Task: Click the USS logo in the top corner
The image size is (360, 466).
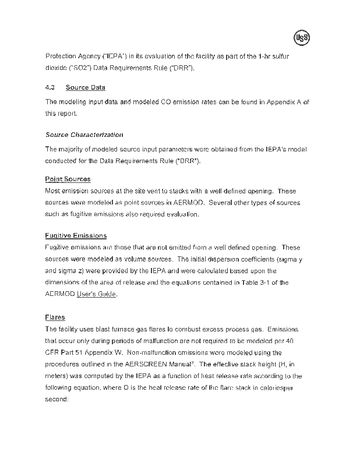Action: [x=301, y=38]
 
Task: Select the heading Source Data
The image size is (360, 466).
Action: [x=85, y=87]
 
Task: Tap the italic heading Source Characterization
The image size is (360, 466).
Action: [x=84, y=135]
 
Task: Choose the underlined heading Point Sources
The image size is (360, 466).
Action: [x=68, y=179]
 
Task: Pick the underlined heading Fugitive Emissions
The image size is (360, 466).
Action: [x=76, y=235]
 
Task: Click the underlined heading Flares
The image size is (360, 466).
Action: [x=55, y=317]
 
